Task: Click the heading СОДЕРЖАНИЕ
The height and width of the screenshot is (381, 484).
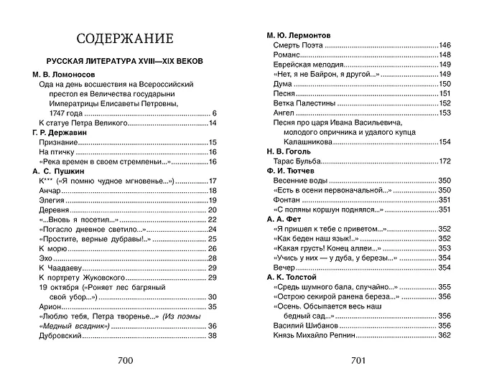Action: (126, 39)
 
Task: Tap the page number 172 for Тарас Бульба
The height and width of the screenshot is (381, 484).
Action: (444, 161)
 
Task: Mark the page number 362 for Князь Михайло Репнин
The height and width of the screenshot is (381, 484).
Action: (444, 335)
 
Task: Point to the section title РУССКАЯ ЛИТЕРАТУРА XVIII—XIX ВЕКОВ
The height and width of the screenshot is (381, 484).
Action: (126, 61)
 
